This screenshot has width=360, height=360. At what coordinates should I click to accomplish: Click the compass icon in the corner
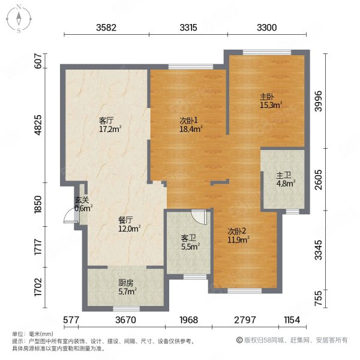point(19,19)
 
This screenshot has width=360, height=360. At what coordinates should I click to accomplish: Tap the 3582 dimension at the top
point(106,28)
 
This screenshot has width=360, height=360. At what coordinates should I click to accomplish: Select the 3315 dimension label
point(188,28)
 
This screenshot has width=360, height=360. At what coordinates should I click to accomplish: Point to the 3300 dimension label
point(267,28)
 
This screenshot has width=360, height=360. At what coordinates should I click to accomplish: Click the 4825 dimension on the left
point(38,125)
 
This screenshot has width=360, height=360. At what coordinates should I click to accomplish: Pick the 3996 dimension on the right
point(319,101)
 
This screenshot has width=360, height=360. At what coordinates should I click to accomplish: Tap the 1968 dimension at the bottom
point(189,320)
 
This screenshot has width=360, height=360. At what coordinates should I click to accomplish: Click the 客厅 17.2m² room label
point(110,125)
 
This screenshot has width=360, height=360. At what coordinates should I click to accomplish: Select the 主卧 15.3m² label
point(271,101)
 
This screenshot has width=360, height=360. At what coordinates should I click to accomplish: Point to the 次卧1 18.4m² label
point(191,125)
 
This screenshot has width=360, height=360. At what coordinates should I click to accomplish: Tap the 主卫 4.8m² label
point(286,179)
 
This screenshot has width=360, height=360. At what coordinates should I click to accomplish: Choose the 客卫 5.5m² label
point(190,242)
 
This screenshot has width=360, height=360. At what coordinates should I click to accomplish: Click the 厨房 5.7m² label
point(128,287)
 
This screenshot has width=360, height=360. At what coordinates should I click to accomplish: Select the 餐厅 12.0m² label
point(129,224)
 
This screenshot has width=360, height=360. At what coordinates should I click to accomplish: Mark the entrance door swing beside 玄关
point(70,217)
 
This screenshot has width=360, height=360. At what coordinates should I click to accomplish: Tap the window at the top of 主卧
point(267,52)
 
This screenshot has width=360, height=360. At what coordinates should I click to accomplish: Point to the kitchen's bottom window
point(127,308)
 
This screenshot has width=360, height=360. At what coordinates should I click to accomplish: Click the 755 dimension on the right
point(319,298)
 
